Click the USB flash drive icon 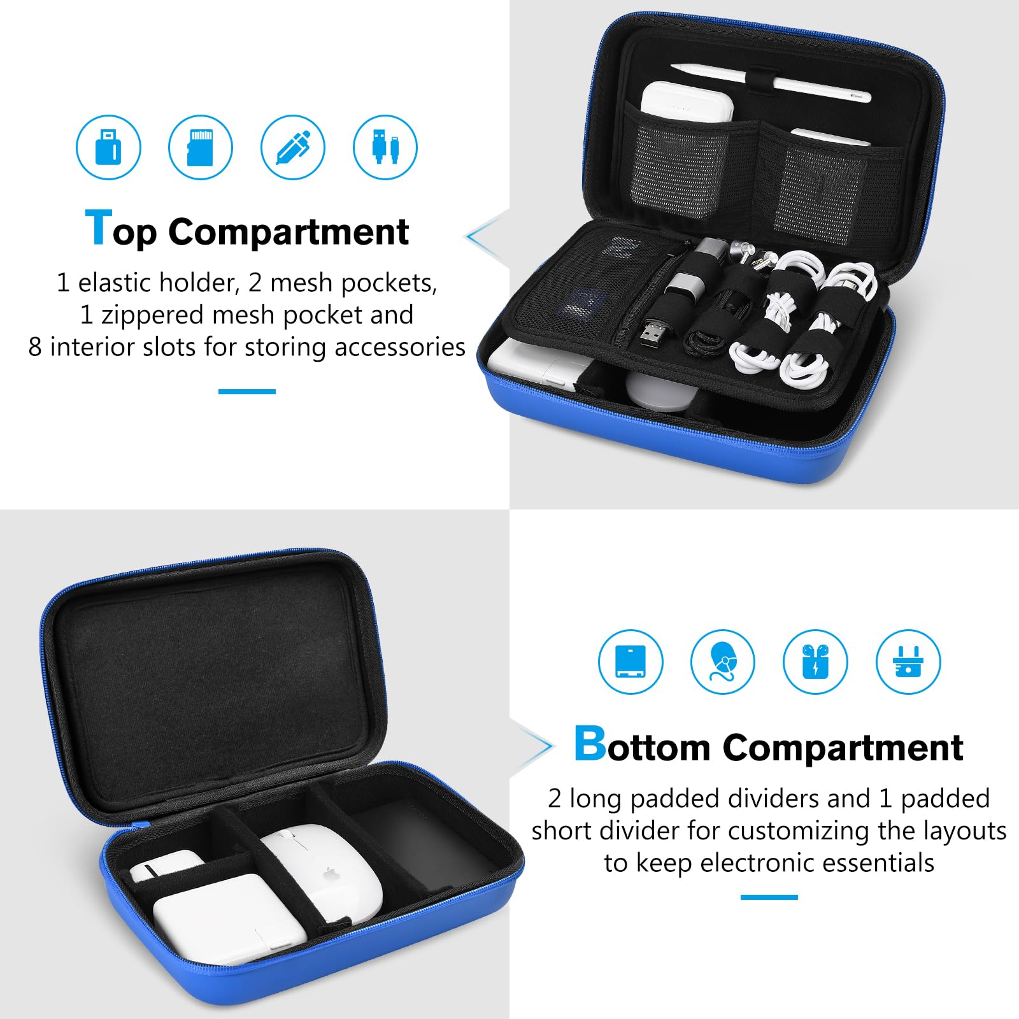click(108, 147)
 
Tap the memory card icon click(201, 147)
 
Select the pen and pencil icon click(293, 147)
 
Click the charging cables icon click(385, 147)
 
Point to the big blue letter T click(98, 227)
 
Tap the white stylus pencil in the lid click(771, 81)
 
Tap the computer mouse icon click(723, 662)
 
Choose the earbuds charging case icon click(815, 662)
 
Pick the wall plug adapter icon click(908, 662)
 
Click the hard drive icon click(631, 662)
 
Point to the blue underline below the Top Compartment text click(247, 391)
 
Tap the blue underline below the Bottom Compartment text click(769, 897)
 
